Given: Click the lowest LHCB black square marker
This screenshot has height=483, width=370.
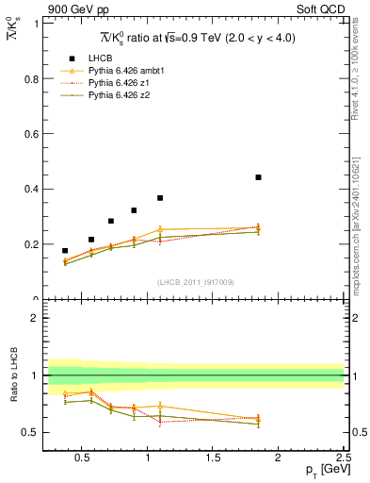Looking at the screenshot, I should tap(65, 251).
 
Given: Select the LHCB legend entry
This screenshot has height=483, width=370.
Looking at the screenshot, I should tap(101, 58).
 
